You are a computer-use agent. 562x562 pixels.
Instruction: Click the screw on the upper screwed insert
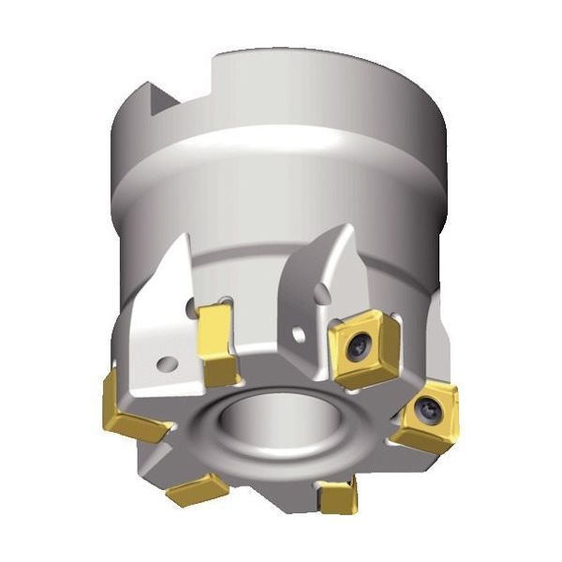pos(360,347)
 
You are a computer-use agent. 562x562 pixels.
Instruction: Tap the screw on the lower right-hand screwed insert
pos(428,408)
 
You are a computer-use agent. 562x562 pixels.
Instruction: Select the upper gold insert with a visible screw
pos(366,351)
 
